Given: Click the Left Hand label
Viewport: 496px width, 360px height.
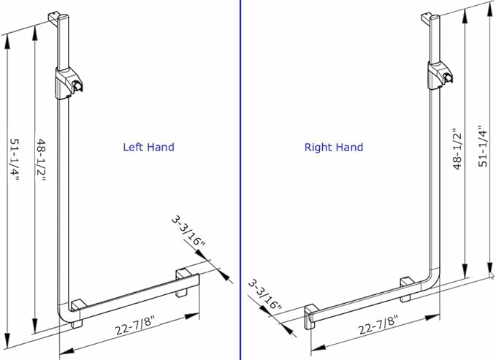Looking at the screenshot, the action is click(x=149, y=147).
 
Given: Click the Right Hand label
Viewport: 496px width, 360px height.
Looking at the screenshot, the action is click(x=334, y=148).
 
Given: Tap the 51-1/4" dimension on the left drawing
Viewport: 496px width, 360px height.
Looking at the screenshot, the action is click(x=15, y=160).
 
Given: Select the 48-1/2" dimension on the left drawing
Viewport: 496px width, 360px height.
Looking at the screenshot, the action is click(x=42, y=160).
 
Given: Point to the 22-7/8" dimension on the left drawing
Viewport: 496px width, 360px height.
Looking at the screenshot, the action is click(x=135, y=326).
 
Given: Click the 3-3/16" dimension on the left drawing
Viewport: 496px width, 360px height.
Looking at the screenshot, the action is click(x=188, y=231).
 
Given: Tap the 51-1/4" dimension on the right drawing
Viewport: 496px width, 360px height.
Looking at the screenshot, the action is click(x=483, y=147).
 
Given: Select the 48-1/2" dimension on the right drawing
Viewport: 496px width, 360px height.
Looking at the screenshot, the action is click(x=457, y=149).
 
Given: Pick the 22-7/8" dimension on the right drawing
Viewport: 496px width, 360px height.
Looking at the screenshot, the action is click(x=378, y=326).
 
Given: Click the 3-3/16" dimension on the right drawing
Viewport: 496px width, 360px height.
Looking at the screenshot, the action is click(x=264, y=295).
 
